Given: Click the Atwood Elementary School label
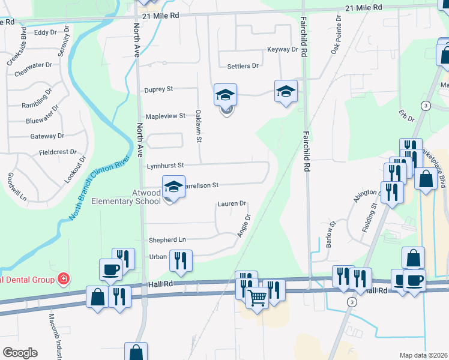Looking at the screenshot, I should click(126, 197).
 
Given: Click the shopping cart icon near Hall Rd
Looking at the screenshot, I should click(258, 296).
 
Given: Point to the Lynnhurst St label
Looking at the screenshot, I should click(164, 165).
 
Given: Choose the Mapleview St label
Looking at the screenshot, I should click(165, 116).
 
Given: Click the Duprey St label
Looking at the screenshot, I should click(158, 89).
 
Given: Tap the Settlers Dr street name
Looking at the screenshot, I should click(243, 65).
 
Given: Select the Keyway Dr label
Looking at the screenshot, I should click(283, 49).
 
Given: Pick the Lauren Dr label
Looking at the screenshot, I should click(232, 204).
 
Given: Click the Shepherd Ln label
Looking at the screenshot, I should click(167, 239).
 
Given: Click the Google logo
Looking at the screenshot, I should click(20, 352).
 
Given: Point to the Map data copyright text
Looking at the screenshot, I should click(423, 355).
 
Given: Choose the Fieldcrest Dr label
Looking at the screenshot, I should click(58, 152).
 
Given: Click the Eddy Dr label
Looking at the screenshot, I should click(45, 33).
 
